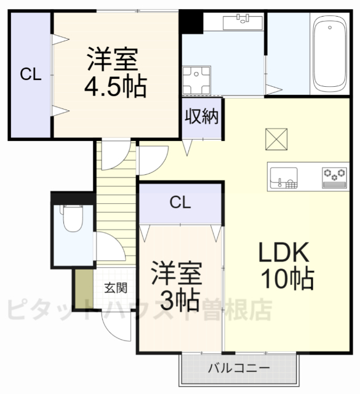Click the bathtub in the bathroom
tap(330, 54)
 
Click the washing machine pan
tap(199, 79)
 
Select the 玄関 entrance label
tap(115, 287)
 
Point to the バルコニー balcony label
tap(238, 368)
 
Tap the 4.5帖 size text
tap(116, 87)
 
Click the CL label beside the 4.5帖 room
tap(30, 75)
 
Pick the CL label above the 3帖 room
tap(180, 201)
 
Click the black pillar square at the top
tap(191, 23)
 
